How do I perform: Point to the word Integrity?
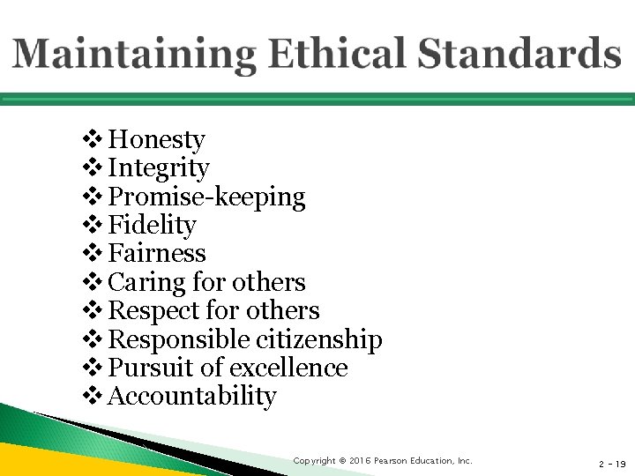click(159, 167)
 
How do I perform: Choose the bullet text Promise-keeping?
click(206, 197)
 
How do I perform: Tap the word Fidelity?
click(152, 225)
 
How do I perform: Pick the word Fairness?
click(157, 253)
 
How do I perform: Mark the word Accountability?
click(191, 397)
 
